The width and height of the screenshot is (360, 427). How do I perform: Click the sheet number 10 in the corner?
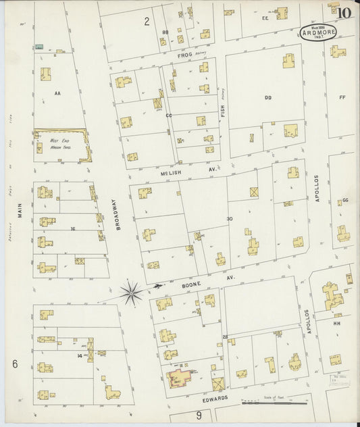pos(344,11)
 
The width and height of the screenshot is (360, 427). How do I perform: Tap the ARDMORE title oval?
pos(316,33)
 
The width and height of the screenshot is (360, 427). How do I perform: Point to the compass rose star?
pos(131,292)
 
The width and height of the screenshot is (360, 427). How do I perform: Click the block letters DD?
pos(267,98)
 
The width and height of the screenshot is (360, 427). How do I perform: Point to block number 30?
pos(230,218)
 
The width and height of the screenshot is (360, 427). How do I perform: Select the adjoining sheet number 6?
pos(14,364)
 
